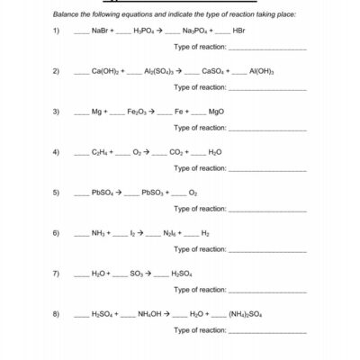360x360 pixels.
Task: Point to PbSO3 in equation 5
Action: tap(154, 193)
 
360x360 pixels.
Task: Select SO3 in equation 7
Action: tap(136, 274)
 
